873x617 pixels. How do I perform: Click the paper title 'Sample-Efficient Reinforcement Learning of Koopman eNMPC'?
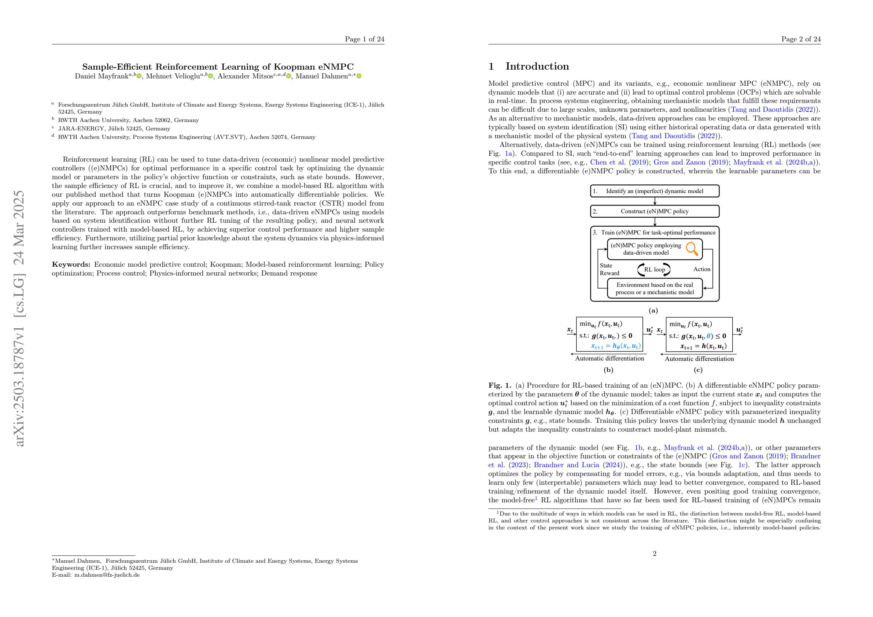coord(218,67)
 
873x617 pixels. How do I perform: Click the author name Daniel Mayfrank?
coord(101,77)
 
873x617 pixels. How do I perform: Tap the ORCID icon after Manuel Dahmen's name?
coord(359,77)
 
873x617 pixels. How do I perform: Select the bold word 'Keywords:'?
coord(71,265)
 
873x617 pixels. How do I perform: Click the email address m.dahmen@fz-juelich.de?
coord(107,575)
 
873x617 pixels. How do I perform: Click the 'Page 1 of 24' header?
coord(364,39)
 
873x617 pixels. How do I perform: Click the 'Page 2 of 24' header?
coord(801,39)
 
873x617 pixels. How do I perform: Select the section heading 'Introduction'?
coord(537,67)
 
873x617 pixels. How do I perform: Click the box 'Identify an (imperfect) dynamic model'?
coord(654,191)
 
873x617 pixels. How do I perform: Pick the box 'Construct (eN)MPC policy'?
coord(654,211)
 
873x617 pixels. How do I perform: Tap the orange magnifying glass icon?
coord(692,249)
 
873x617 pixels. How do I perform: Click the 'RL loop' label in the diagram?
coord(654,270)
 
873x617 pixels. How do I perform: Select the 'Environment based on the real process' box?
coord(654,289)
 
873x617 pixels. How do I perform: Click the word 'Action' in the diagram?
coord(701,269)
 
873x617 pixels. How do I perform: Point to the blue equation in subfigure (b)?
coord(615,346)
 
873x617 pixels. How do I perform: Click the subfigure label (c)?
coord(699,370)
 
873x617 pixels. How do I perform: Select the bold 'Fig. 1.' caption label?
coord(500,385)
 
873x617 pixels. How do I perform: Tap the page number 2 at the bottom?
coord(654,554)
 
